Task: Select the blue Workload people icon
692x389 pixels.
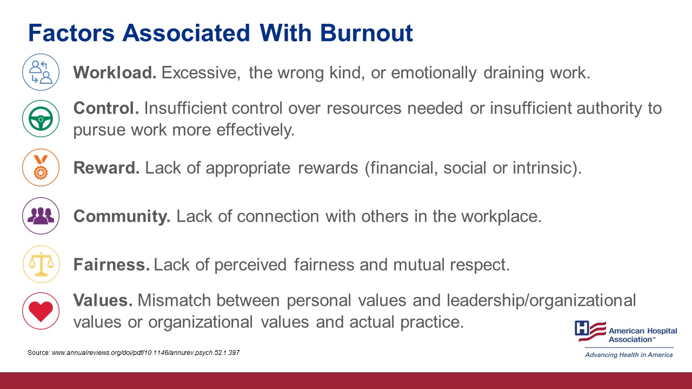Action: click(41, 72)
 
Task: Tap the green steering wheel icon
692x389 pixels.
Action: click(41, 118)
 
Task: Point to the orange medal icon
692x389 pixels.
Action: click(41, 167)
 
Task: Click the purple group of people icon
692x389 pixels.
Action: click(41, 216)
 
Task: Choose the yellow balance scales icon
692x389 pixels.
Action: click(41, 264)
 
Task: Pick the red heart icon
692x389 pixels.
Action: click(41, 311)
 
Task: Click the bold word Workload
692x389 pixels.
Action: click(115, 72)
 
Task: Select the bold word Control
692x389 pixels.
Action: click(106, 108)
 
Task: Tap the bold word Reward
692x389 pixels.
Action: click(107, 167)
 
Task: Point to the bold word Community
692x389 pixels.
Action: click(122, 216)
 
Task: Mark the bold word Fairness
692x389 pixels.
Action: click(111, 265)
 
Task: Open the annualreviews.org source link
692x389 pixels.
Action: click(145, 352)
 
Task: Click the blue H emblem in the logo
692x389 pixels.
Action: click(582, 328)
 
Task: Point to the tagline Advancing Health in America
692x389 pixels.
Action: click(629, 354)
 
